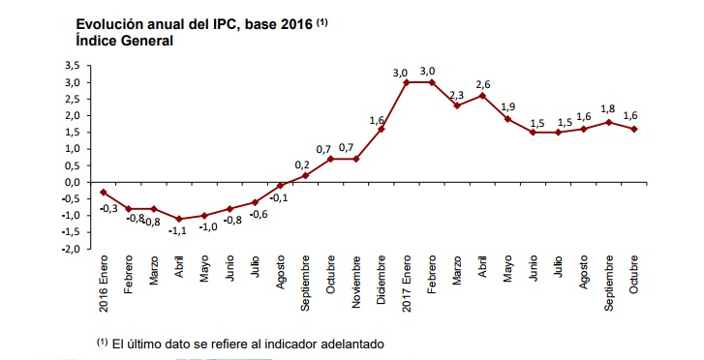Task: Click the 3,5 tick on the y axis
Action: (x=72, y=66)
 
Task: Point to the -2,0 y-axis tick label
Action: (x=71, y=249)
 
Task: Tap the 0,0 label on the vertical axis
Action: (x=72, y=183)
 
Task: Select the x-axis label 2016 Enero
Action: (x=104, y=284)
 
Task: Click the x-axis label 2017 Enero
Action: (x=407, y=277)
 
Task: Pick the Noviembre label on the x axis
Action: (x=356, y=282)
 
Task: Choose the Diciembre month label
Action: (x=382, y=280)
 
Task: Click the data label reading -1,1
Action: (x=178, y=231)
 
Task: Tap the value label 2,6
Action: (x=483, y=85)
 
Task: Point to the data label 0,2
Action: (x=302, y=165)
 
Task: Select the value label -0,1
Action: (x=280, y=197)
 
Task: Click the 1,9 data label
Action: (x=508, y=106)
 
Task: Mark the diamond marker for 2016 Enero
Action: (x=104, y=193)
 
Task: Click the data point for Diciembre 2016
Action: (x=382, y=129)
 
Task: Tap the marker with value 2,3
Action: (x=457, y=105)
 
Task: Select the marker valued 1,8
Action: (x=609, y=122)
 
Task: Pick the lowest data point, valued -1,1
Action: (x=179, y=219)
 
